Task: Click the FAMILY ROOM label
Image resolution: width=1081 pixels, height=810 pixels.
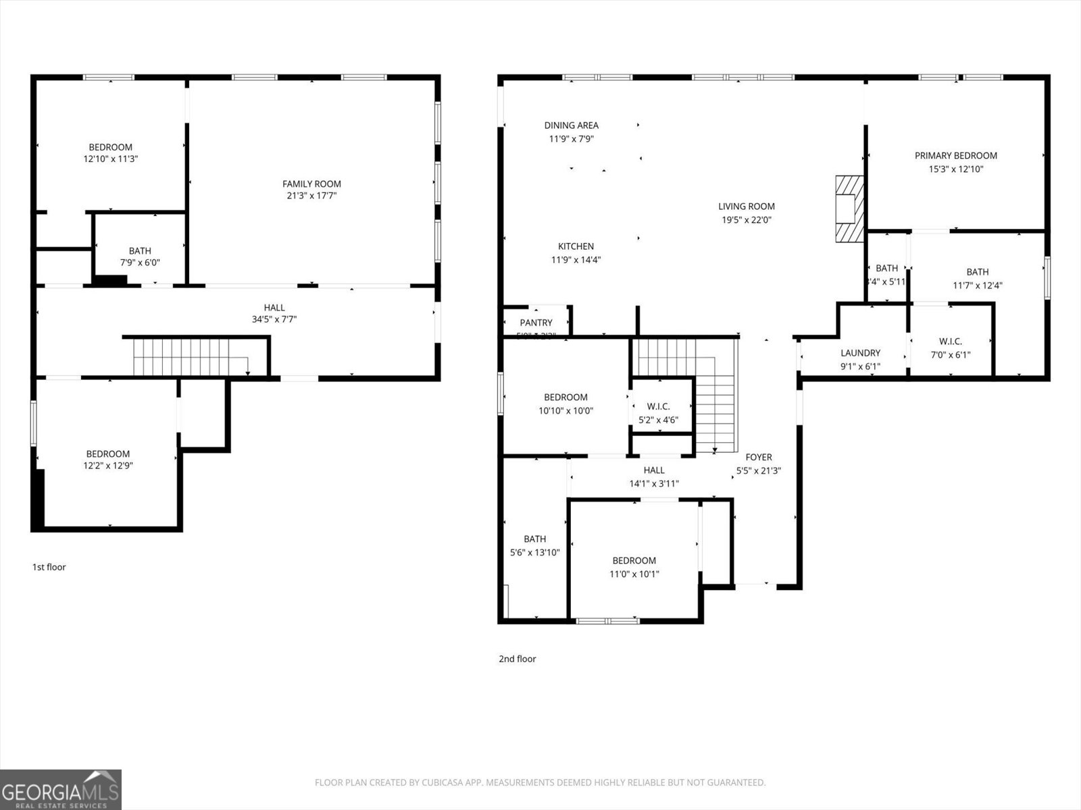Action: [311, 184]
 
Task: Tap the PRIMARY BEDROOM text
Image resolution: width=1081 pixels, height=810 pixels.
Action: [955, 155]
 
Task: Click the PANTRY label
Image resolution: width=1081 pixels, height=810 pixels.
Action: [536, 323]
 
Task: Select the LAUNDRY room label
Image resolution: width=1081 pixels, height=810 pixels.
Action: [860, 352]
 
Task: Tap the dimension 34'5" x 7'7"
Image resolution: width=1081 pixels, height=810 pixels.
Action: [274, 319]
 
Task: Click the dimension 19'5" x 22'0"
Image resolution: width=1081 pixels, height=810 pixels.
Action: [746, 219]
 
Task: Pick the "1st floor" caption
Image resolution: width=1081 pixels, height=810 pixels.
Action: [49, 567]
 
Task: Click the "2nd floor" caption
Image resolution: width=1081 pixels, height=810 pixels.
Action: [517, 659]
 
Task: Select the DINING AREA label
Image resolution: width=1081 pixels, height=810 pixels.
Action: [571, 125]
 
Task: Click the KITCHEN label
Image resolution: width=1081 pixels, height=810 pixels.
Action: [576, 246]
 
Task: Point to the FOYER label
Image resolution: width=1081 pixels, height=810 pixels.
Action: [758, 457]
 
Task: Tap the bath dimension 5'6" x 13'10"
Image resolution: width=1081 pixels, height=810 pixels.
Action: [534, 552]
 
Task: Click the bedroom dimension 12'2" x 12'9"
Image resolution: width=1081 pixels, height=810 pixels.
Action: [107, 466]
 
